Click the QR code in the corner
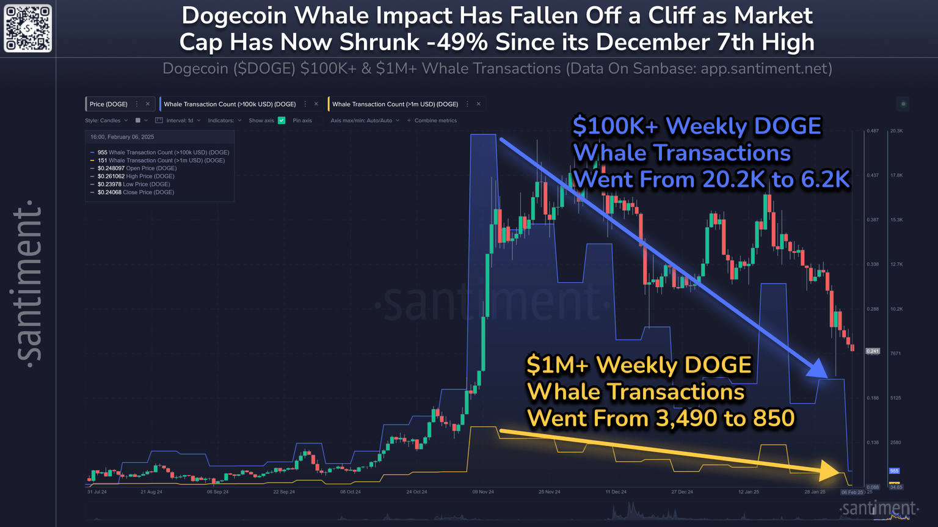click(x=28, y=28)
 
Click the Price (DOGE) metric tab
click(x=109, y=104)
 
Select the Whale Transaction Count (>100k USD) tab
click(x=230, y=104)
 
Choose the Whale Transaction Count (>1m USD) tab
click(x=395, y=104)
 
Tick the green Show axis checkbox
click(x=282, y=120)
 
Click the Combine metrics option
click(x=435, y=120)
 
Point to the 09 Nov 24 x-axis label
click(x=483, y=492)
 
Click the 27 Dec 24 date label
click(x=682, y=492)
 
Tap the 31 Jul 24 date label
click(x=97, y=492)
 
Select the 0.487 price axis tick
click(x=873, y=131)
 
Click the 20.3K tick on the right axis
click(x=896, y=131)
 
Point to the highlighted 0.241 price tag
click(x=873, y=351)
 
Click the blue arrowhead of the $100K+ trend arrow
click(x=818, y=369)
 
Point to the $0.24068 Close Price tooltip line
click(x=136, y=192)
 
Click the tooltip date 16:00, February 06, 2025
click(x=122, y=137)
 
